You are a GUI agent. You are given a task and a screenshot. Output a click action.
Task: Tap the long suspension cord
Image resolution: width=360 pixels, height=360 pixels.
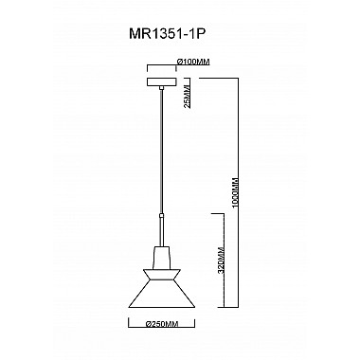click(x=163, y=161)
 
